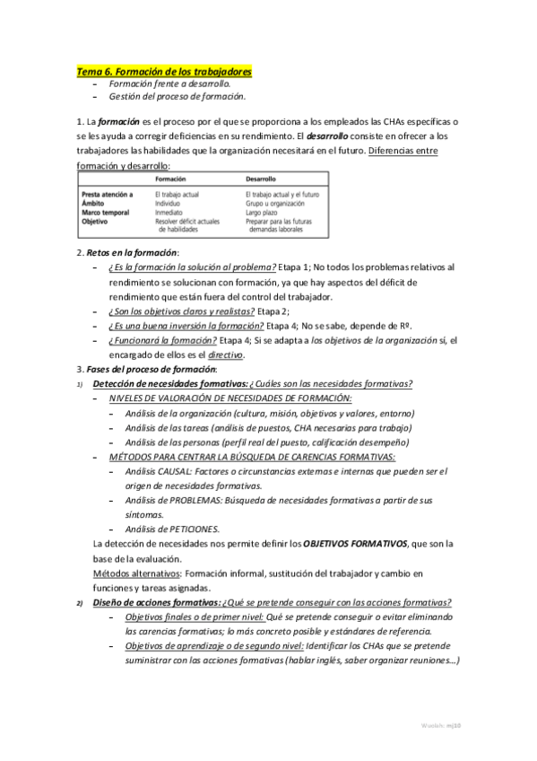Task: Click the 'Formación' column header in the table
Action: pos(170,179)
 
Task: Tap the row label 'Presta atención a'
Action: pos(107,194)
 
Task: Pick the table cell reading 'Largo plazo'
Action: pos(264,212)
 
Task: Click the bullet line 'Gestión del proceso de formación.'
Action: pos(178,96)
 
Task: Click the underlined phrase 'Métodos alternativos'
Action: pos(136,573)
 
